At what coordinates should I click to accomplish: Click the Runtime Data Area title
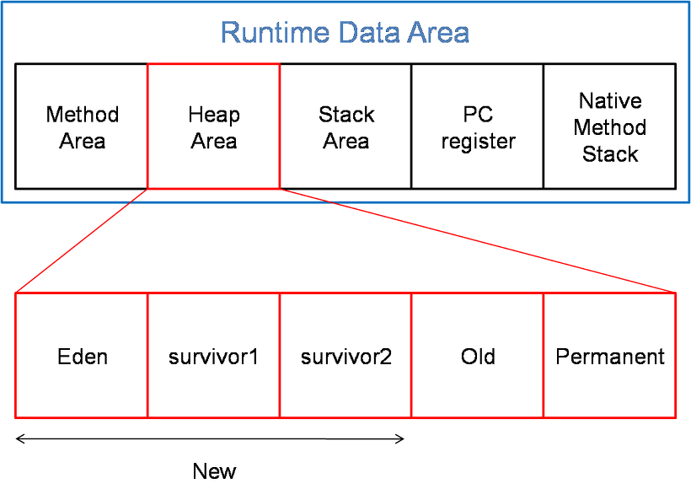click(x=345, y=33)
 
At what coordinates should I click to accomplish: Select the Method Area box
click(x=82, y=126)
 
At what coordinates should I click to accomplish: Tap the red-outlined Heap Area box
click(x=213, y=126)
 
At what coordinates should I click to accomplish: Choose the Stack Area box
click(x=345, y=126)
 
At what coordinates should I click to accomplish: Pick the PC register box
click(x=478, y=126)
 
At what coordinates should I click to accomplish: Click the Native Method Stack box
click(x=609, y=126)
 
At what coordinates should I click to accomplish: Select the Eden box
click(x=82, y=356)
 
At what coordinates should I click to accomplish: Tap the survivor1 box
click(x=213, y=356)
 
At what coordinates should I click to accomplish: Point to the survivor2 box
click(x=345, y=356)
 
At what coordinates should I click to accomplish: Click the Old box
click(x=478, y=356)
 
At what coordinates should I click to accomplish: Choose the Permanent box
click(x=609, y=356)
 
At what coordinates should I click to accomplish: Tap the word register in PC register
click(x=478, y=142)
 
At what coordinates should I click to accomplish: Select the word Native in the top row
click(x=610, y=101)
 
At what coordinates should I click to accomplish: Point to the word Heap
click(x=214, y=115)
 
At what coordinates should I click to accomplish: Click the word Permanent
click(x=609, y=357)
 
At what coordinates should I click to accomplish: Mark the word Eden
click(x=83, y=357)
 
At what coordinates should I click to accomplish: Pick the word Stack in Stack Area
click(x=346, y=115)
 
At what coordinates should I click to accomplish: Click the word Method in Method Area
click(x=83, y=115)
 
